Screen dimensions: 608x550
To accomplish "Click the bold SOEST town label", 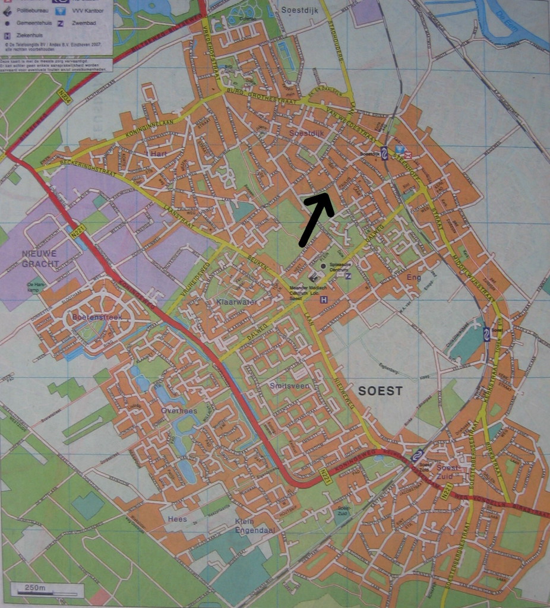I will [380, 391].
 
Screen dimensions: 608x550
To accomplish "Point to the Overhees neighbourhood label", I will [179, 410].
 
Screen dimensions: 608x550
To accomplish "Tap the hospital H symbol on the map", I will [324, 300].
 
